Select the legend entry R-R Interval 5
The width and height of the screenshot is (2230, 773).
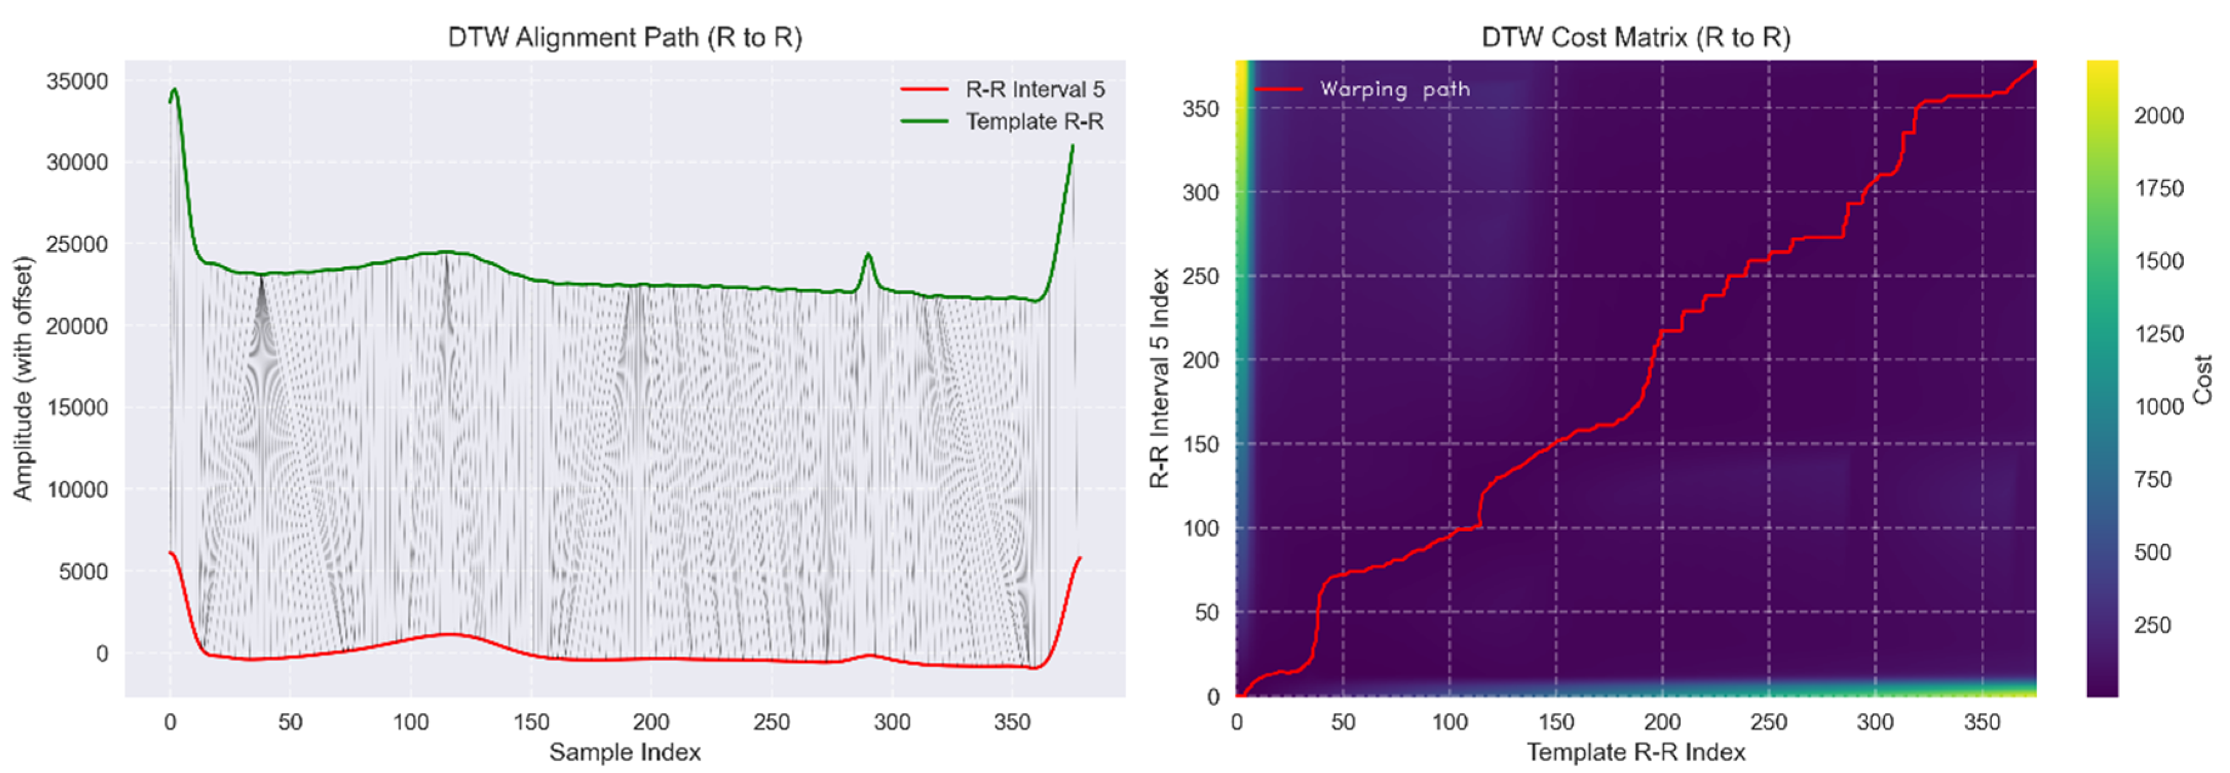pos(1035,89)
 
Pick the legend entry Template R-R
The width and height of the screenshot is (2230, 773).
pos(1035,122)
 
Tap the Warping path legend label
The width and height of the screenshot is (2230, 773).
pos(1394,89)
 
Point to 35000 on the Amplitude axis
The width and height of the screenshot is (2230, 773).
pos(77,81)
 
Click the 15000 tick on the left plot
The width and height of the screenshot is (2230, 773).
pos(77,407)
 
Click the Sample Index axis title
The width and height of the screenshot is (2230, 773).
pos(624,752)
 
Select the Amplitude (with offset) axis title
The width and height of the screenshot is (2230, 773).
pos(22,378)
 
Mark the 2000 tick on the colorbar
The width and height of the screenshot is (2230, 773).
pos(2158,116)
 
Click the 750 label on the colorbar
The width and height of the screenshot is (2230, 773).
pos(2153,480)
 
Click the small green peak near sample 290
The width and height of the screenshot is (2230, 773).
pos(868,254)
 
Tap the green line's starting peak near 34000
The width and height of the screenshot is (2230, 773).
pos(175,89)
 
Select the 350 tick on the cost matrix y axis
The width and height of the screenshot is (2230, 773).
pos(1201,109)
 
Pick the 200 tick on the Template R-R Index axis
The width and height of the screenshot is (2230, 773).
pos(1662,722)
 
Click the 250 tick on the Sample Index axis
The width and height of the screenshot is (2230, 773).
pos(771,722)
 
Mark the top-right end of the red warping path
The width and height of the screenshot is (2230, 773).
pos(2035,63)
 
